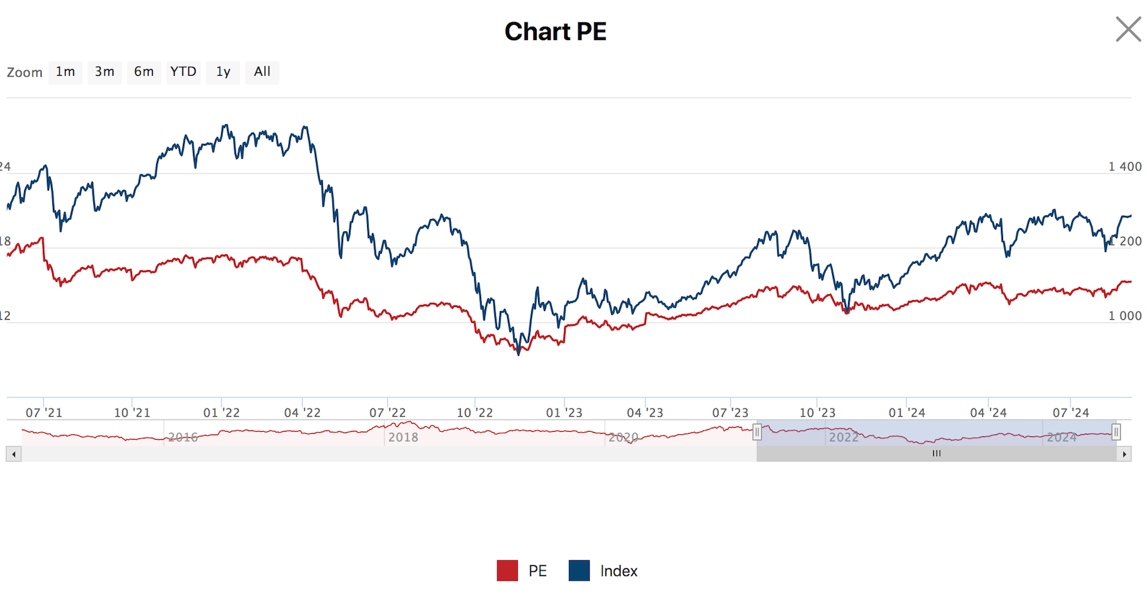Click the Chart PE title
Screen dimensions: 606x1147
(555, 32)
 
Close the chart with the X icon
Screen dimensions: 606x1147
(1128, 29)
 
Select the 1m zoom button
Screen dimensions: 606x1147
(65, 72)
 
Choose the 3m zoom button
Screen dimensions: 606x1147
(105, 72)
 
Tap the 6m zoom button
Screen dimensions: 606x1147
(143, 72)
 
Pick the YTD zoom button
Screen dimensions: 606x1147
(183, 72)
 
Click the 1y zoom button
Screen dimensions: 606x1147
(223, 72)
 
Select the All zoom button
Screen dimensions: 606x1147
(262, 72)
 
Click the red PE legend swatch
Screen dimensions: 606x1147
(507, 570)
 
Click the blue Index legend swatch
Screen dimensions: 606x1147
(579, 570)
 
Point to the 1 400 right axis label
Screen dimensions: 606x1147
(1125, 167)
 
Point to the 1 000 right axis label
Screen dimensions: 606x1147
(1125, 316)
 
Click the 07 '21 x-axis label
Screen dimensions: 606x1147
(44, 413)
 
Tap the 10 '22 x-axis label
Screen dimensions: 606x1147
(474, 413)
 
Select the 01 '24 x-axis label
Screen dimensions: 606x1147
(906, 413)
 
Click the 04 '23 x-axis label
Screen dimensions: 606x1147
(645, 413)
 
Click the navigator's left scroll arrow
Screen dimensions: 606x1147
(13, 454)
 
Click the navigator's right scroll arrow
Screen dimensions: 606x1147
(1124, 454)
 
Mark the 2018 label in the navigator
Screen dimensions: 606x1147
(403, 437)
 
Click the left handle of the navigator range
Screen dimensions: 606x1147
(757, 432)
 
